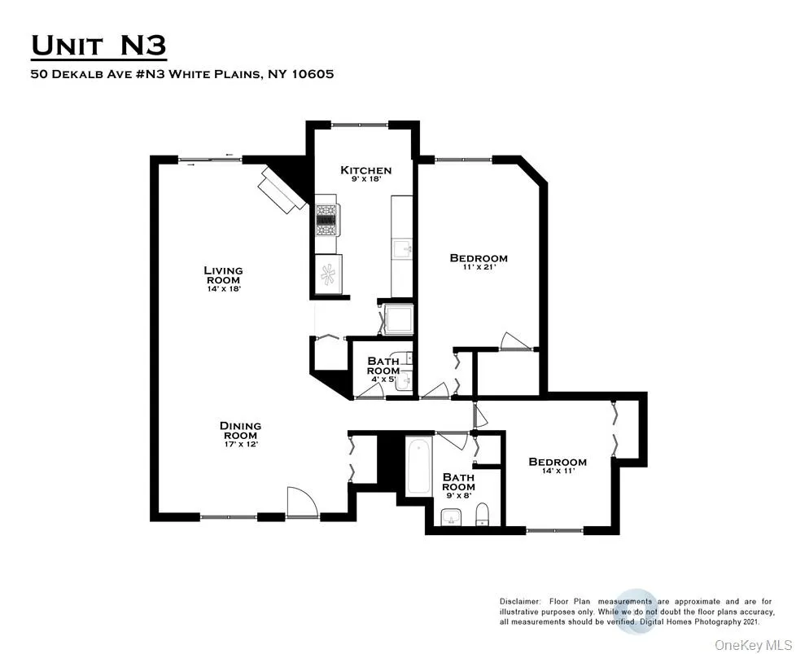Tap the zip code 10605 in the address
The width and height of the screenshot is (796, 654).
(x=312, y=73)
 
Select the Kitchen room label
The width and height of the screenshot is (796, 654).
(x=365, y=170)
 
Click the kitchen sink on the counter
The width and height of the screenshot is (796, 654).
(x=402, y=248)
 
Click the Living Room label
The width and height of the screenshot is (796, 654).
(x=223, y=270)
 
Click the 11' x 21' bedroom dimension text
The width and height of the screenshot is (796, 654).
(x=479, y=267)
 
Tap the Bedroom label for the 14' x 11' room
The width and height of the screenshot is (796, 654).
(x=558, y=462)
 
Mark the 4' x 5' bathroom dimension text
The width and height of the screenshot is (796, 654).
(x=382, y=380)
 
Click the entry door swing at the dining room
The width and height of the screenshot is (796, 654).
(x=298, y=502)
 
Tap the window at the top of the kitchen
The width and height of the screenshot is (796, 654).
(x=361, y=124)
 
